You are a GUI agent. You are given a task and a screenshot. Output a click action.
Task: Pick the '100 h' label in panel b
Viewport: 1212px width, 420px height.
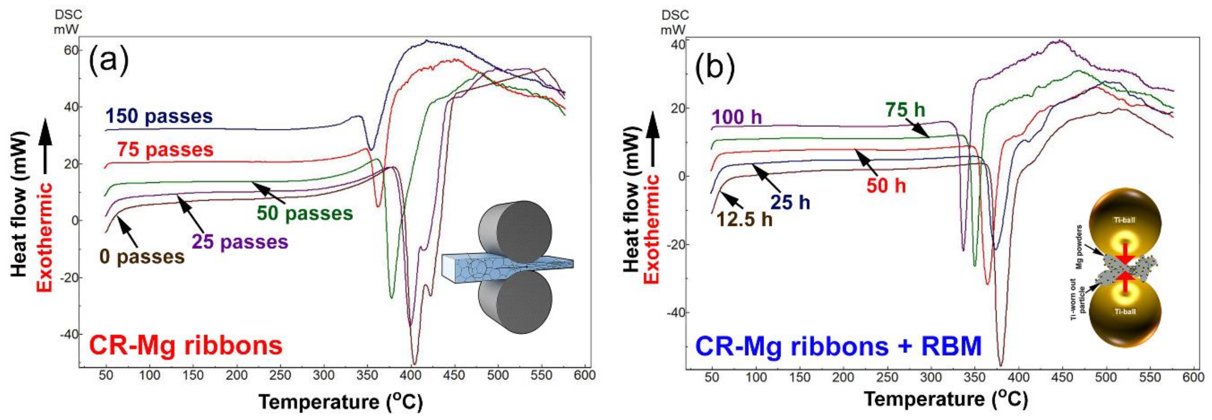pos(737,117)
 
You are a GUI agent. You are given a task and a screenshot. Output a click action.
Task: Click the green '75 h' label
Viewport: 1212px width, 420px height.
pos(905,110)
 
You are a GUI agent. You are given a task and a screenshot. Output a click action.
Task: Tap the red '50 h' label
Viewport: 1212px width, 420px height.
pos(886,186)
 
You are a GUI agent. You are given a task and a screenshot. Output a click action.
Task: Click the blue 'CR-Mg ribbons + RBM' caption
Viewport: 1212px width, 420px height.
pos(838,347)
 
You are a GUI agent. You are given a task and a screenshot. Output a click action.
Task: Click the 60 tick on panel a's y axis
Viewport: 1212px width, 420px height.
pos(71,50)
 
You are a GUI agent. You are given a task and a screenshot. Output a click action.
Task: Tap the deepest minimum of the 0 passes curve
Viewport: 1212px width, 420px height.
pos(414,363)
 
